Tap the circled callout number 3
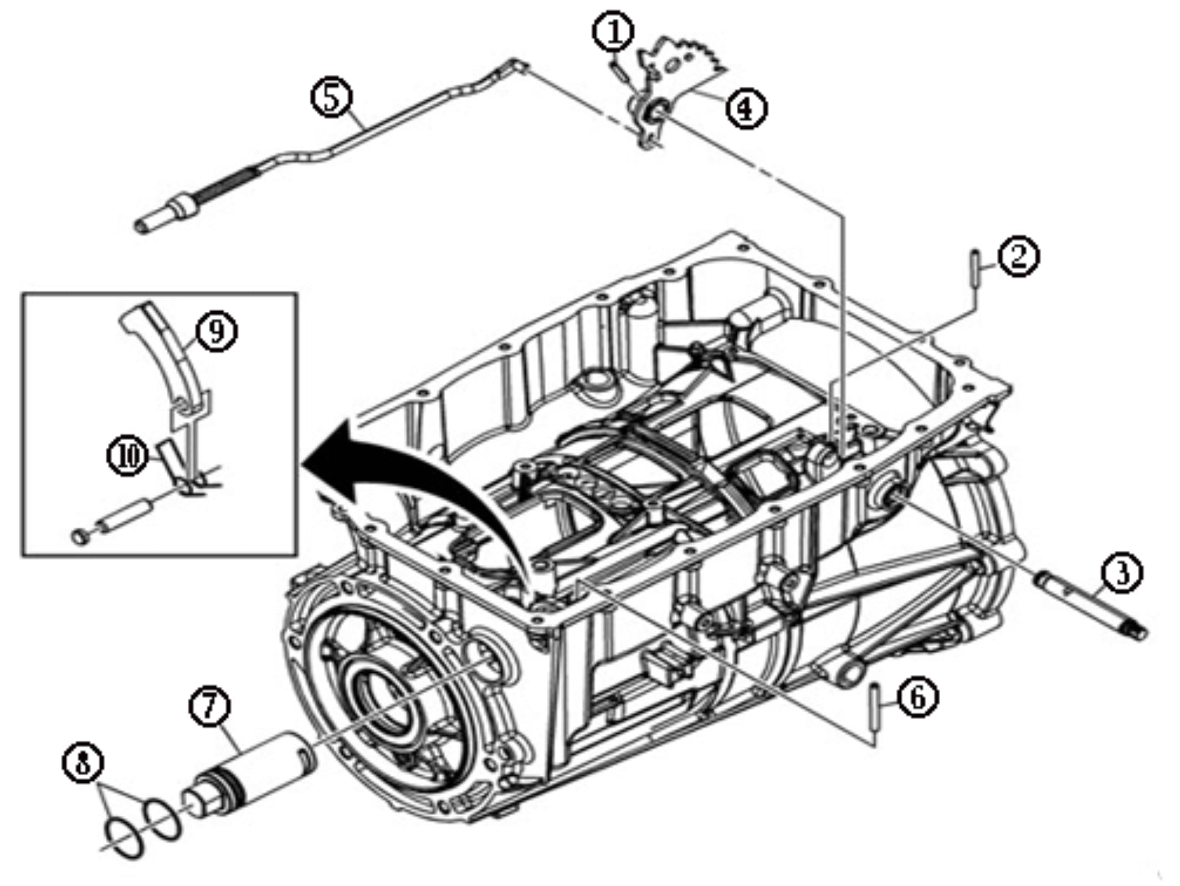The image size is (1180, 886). click(1121, 573)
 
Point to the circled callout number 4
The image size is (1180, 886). click(746, 109)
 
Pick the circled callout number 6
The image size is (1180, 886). click(918, 698)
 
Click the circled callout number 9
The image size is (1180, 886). click(216, 331)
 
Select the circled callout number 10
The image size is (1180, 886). click(128, 457)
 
